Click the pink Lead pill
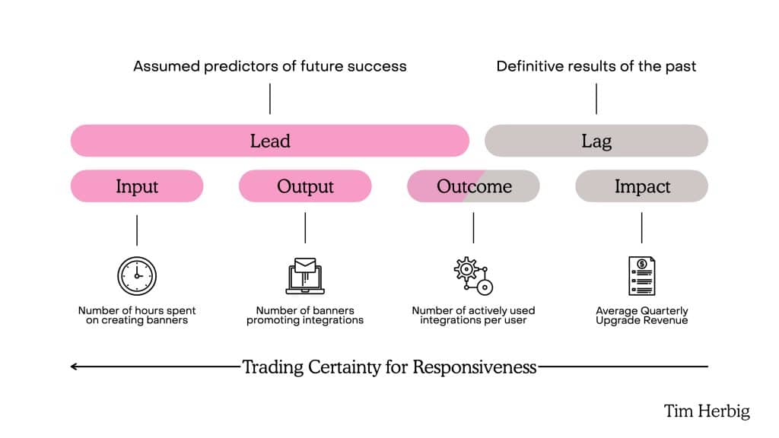[269, 141]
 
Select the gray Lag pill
[596, 141]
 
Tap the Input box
[137, 186]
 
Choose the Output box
[305, 186]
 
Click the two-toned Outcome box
[473, 186]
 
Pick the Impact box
[641, 186]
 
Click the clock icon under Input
[137, 276]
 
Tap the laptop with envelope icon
[305, 276]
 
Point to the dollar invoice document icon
[641, 276]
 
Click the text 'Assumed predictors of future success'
[269, 66]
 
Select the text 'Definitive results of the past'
[596, 66]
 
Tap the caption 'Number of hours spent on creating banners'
[137, 316]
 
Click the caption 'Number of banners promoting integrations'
[305, 316]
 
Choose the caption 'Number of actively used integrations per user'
[473, 316]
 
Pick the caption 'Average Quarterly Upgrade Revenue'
[641, 316]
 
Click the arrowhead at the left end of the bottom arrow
[74, 367]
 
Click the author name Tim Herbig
[707, 411]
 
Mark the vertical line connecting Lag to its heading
[596, 99]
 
